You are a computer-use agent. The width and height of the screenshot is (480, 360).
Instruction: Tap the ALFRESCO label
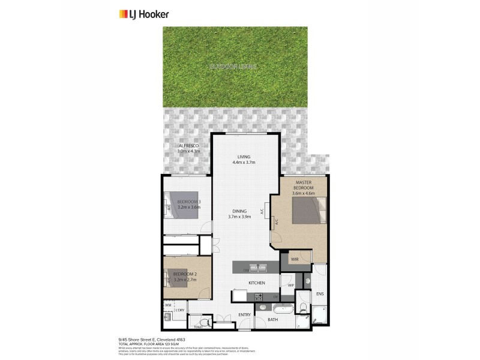pyautogui.click(x=188, y=146)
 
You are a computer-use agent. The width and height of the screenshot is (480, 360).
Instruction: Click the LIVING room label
pyautogui.click(x=244, y=157)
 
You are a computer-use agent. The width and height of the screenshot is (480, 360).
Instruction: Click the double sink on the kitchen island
pyautogui.click(x=259, y=268)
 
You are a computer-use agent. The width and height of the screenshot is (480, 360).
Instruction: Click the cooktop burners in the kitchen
pyautogui.click(x=259, y=297)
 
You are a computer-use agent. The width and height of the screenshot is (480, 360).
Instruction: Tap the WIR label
pyautogui.click(x=295, y=259)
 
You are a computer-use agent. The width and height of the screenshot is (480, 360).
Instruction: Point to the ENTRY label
pyautogui.click(x=244, y=314)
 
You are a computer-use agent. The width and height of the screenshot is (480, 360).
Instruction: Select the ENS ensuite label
pyautogui.click(x=320, y=295)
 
